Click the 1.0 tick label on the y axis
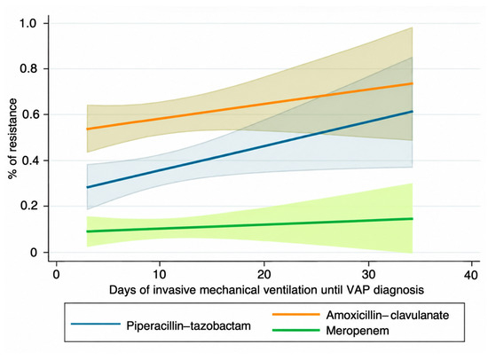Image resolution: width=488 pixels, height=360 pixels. pos(28,23)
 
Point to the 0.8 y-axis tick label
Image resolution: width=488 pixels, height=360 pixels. pos(28,69)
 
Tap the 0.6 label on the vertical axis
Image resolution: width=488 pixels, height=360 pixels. pos(28,114)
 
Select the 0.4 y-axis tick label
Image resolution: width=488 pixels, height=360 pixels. pos(28,160)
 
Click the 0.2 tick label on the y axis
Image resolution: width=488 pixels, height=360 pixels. pos(28,206)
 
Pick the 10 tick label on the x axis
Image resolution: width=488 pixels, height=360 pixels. pos(160,275)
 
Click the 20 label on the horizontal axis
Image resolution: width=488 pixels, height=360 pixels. pos(264,275)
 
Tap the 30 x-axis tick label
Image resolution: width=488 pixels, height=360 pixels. pos(369,275)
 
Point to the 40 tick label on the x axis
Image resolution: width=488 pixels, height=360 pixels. pos(471,275)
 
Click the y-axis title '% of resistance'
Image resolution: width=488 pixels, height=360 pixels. pos(12,139)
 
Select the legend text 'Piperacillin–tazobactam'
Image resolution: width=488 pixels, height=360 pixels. pos(189,325)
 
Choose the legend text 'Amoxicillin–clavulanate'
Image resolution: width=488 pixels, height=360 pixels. pos(388,315)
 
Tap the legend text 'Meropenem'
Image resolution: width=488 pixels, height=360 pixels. pos(358,331)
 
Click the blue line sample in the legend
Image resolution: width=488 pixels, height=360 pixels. pos(96,325)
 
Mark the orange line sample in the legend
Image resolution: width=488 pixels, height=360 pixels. pos(296,314)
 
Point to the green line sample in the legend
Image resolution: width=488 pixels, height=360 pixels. pos(296,330)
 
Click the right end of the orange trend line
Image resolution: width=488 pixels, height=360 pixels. pos(413,83)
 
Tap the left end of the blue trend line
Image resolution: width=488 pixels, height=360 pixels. pos(87,187)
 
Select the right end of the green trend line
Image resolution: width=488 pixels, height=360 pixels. pos(413,219)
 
